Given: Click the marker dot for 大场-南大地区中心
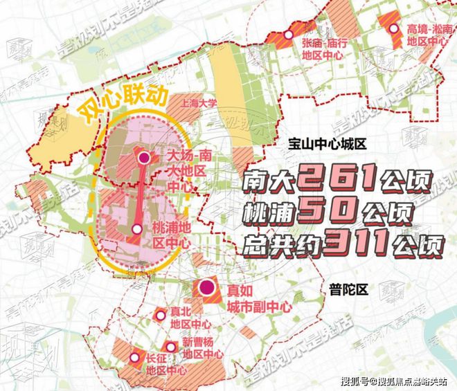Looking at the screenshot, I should point(144,158).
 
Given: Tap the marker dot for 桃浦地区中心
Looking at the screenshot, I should point(138,229).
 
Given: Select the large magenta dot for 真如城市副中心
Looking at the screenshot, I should point(206,288).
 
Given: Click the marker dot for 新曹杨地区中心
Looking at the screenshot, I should point(170,346).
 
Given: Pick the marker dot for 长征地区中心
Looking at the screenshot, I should point(134,357).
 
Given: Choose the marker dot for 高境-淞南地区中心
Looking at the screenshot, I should point(395,29).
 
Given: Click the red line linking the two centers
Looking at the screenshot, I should point(141,194).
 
